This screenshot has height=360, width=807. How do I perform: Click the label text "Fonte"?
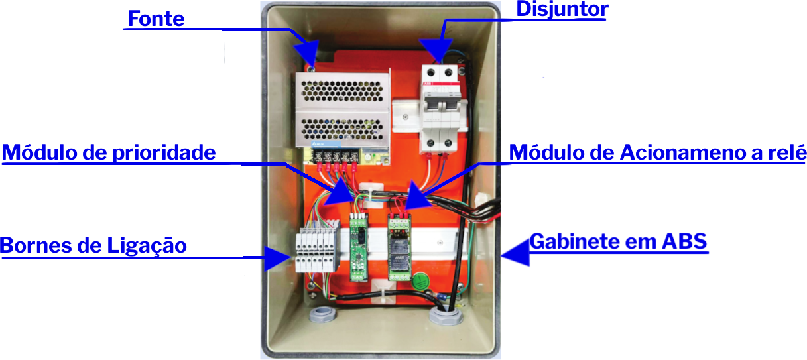click(x=156, y=19)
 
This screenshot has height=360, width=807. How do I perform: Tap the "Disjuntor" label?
click(x=561, y=10)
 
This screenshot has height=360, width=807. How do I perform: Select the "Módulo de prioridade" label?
click(x=109, y=152)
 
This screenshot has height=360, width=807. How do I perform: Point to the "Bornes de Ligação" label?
click(x=93, y=246)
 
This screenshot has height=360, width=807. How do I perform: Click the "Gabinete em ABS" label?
click(x=619, y=241)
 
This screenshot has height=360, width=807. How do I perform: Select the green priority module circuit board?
click(x=359, y=247)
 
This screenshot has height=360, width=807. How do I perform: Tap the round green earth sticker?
click(x=420, y=281)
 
